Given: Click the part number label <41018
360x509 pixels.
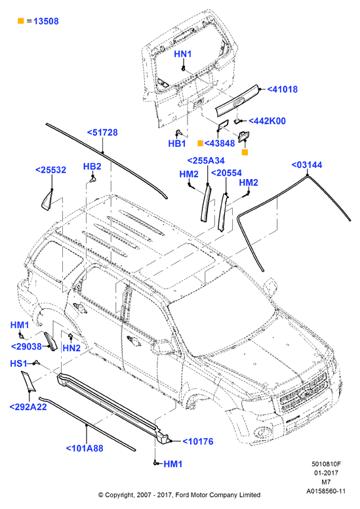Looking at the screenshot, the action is click(x=283, y=89).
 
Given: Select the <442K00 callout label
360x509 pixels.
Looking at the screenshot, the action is click(x=267, y=121).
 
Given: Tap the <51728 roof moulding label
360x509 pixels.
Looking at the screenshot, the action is click(x=102, y=132).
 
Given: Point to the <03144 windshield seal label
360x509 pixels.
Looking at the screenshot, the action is click(x=307, y=165).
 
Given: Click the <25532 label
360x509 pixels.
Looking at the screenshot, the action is click(x=50, y=170).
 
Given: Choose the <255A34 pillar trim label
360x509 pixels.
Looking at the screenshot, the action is click(x=206, y=161).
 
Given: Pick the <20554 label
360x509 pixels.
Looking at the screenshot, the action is click(x=227, y=173).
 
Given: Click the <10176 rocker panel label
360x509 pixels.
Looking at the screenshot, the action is click(x=198, y=441).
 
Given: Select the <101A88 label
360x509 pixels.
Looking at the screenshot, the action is click(x=85, y=448).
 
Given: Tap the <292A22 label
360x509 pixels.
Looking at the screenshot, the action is click(x=28, y=407).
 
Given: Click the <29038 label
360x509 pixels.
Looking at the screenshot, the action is click(x=27, y=347).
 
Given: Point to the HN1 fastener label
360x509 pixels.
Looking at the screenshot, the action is click(x=183, y=54).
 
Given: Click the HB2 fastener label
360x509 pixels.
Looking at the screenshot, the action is click(x=92, y=167).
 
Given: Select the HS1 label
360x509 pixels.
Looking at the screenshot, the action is click(x=18, y=363).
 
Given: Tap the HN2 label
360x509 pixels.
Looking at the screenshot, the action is click(x=71, y=348).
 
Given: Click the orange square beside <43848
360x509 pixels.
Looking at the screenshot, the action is click(x=200, y=143).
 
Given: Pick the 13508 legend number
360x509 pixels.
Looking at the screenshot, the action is click(x=46, y=21).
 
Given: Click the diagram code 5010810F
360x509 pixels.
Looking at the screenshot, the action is click(x=327, y=464).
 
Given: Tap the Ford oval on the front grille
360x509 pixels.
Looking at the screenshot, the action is click(x=305, y=394).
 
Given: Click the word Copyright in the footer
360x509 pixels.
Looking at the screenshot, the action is click(x=119, y=495).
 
